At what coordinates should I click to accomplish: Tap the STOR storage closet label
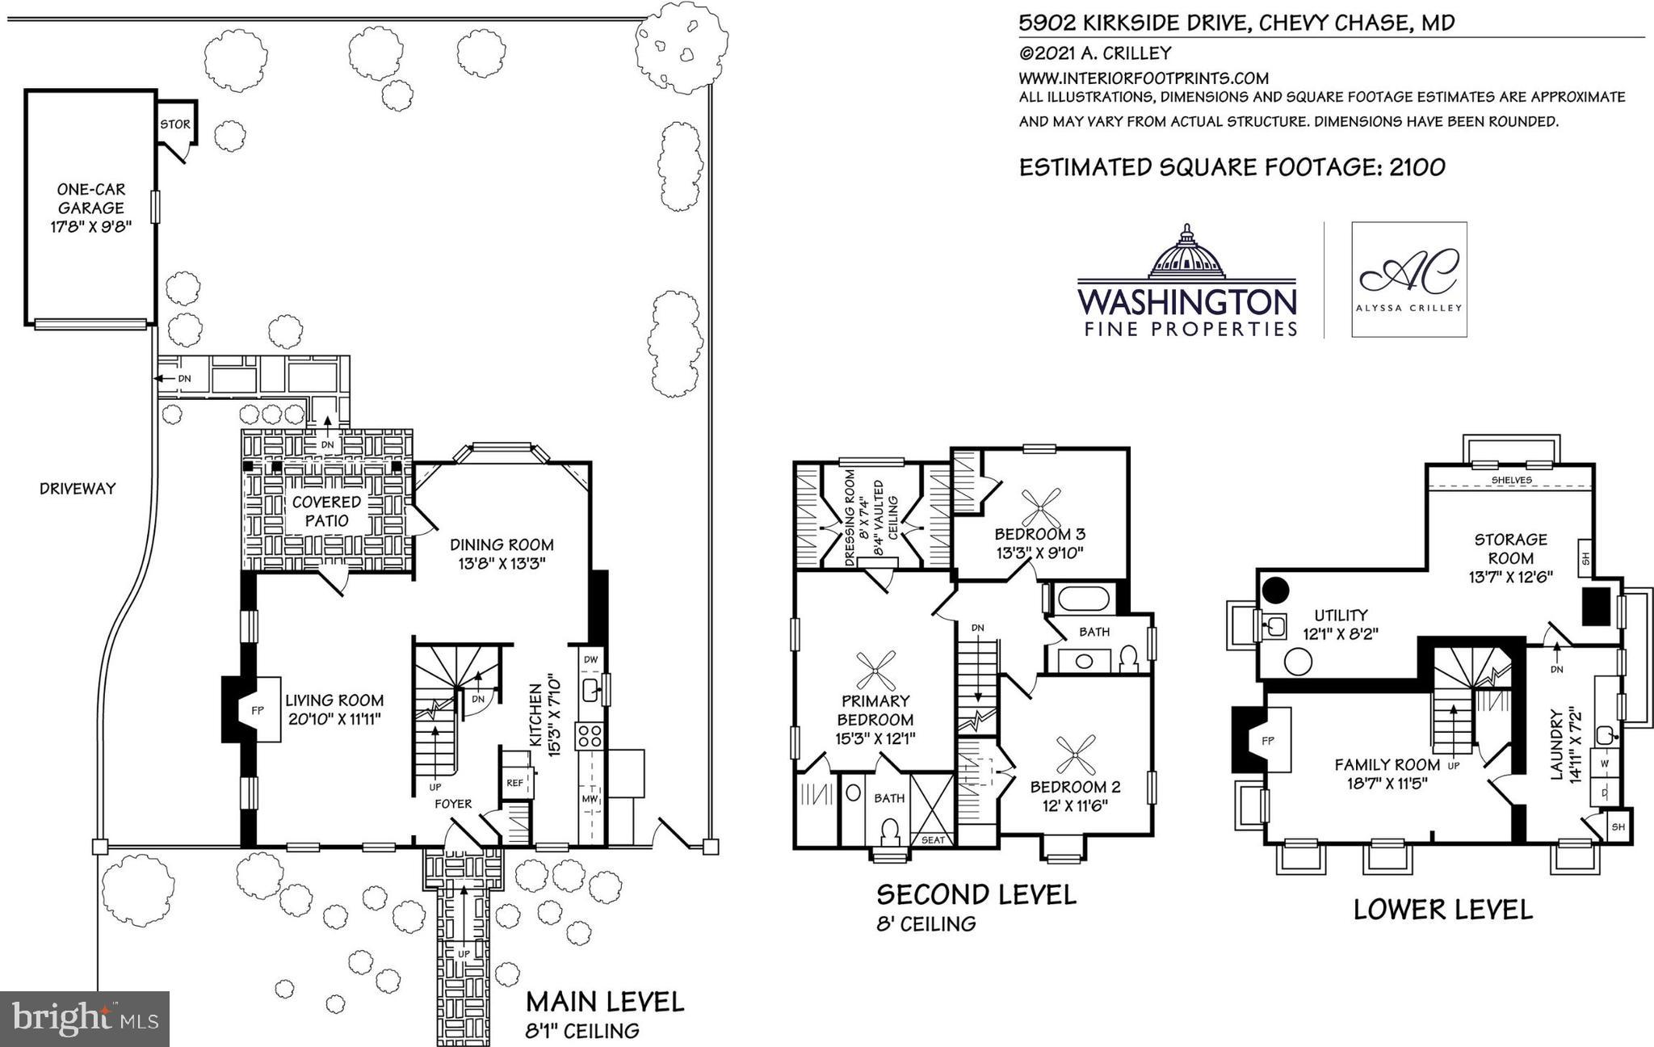[175, 124]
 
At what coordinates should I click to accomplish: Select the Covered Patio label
[326, 511]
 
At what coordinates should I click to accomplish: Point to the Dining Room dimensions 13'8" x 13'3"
[502, 564]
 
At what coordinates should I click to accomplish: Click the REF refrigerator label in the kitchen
[514, 782]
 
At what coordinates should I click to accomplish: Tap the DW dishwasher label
[590, 660]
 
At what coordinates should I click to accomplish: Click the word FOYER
[453, 804]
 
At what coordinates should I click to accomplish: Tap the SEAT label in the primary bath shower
[933, 840]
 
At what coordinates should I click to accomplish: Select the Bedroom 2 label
[1075, 786]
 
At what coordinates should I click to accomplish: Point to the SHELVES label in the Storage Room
[1512, 480]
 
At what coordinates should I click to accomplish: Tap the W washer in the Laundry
[1606, 763]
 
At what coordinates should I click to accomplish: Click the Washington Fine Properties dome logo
[1186, 252]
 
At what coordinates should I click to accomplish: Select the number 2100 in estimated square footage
[1417, 167]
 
